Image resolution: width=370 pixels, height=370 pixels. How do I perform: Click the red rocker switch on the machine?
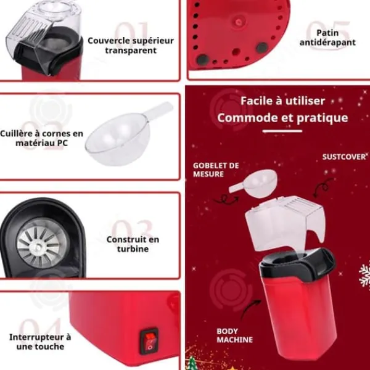coord(149,341)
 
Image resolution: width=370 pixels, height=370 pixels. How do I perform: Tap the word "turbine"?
coord(133,249)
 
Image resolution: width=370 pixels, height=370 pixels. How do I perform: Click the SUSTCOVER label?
coord(344,157)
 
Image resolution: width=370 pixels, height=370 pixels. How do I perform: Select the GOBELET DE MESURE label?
coord(216,170)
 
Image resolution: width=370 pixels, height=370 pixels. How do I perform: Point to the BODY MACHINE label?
coord(234,335)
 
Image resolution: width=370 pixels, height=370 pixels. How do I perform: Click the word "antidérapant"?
coord(327,43)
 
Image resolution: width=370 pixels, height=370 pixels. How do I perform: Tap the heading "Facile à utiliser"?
coord(282,101)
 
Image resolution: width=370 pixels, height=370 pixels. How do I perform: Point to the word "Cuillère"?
coord(15,134)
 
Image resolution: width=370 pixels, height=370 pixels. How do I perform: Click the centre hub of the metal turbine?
coord(38,247)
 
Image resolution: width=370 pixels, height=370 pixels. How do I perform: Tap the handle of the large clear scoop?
coord(158,110)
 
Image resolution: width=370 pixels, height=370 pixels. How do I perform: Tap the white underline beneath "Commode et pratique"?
coord(282,131)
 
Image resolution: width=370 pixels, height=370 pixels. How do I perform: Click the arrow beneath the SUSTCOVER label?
coord(323,187)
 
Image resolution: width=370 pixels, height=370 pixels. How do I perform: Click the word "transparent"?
coord(131,51)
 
